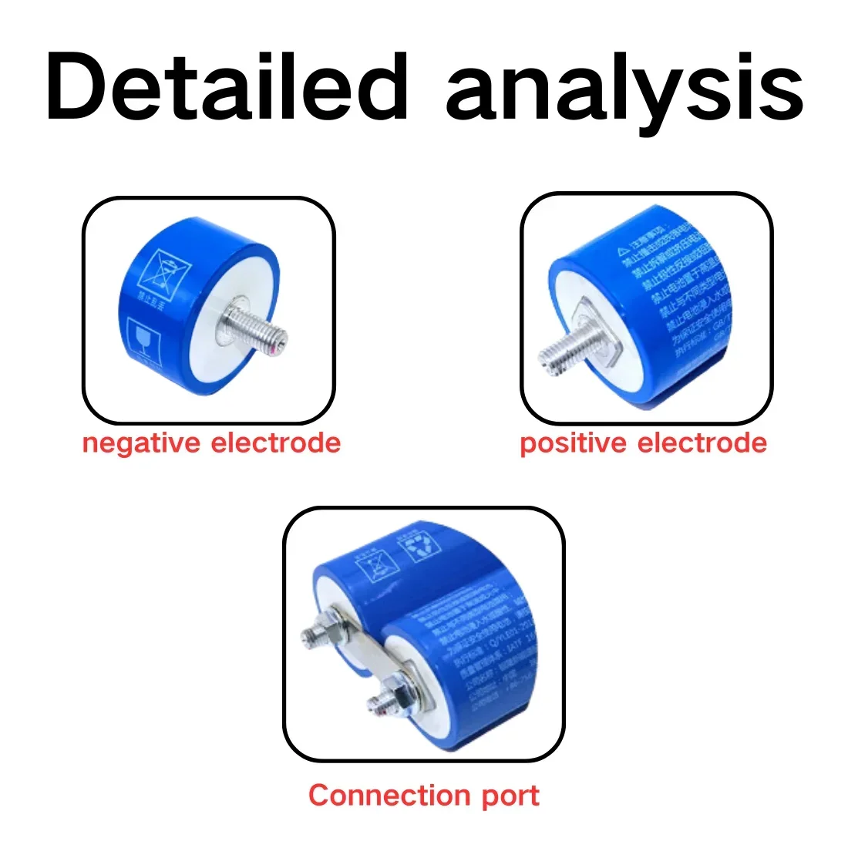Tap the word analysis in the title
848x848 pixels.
coord(624,91)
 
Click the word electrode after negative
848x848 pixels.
coord(275,443)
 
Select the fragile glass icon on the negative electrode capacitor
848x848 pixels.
coord(143,339)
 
